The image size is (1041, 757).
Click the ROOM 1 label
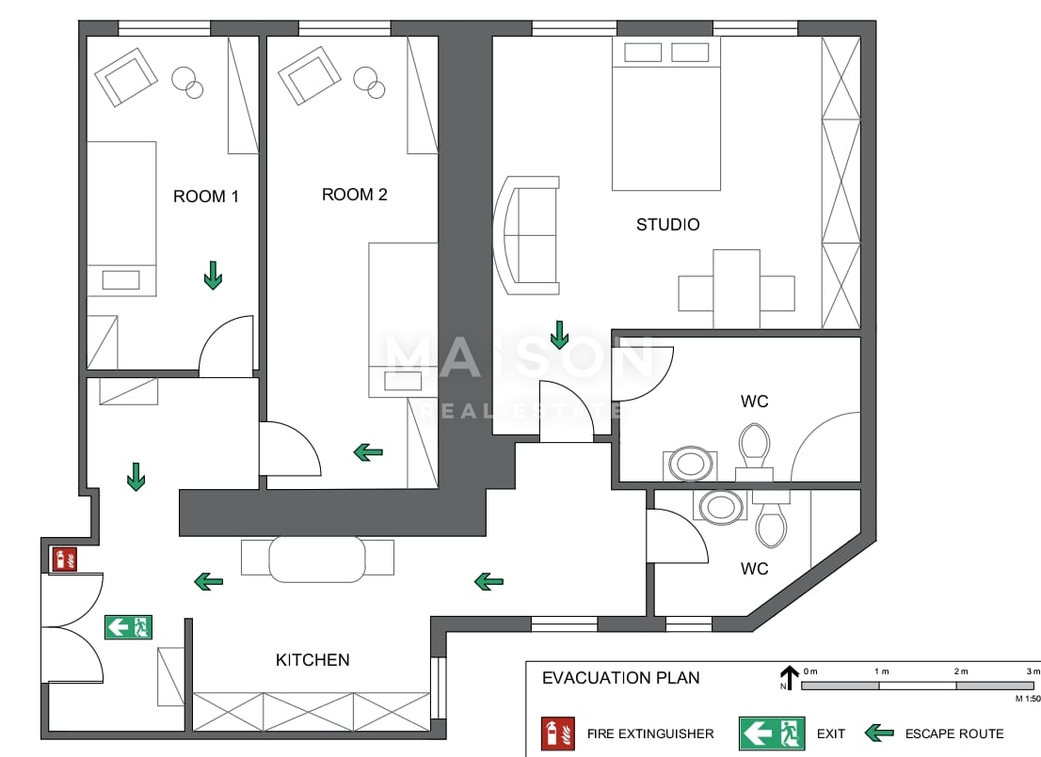click(206, 197)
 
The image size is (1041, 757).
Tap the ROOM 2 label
click(355, 195)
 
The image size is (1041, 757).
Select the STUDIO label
click(668, 225)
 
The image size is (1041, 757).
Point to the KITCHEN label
click(312, 659)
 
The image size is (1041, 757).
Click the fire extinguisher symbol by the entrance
click(64, 560)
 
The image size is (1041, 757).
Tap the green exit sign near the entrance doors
click(128, 627)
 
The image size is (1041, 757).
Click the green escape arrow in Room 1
click(213, 275)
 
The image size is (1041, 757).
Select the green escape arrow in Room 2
click(368, 452)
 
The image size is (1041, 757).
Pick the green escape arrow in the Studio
click(560, 335)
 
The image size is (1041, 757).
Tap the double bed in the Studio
click(665, 114)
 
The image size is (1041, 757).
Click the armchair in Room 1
click(126, 76)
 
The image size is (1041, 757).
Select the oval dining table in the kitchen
click(317, 559)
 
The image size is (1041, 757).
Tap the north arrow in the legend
click(789, 677)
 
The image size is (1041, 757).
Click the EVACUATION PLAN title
click(621, 678)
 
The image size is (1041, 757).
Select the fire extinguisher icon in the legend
click(557, 733)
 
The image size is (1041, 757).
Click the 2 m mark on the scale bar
click(961, 671)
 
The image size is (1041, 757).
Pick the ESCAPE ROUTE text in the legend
click(954, 733)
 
